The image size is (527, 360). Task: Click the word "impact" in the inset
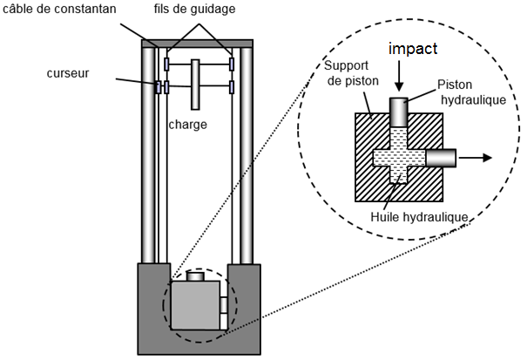(413, 49)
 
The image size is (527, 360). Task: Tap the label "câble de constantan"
(59, 9)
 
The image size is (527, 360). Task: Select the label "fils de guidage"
(194, 9)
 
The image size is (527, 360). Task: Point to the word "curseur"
(68, 73)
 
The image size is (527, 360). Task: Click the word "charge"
(187, 125)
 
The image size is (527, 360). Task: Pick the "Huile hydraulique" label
(420, 217)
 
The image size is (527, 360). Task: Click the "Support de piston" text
(352, 73)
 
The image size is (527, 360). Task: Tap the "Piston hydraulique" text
(472, 92)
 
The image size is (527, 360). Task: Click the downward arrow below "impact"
(399, 76)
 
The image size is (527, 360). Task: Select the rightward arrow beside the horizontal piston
(476, 158)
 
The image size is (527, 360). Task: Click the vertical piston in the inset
(399, 112)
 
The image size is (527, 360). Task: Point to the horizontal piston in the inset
(441, 158)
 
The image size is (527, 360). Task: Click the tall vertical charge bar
(195, 85)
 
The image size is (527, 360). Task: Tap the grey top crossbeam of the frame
(197, 44)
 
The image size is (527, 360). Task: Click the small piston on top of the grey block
(195, 276)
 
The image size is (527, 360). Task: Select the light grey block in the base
(195, 305)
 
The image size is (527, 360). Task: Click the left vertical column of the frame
(148, 155)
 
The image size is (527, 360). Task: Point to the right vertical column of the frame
(247, 155)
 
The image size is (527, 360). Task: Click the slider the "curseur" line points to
(158, 87)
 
